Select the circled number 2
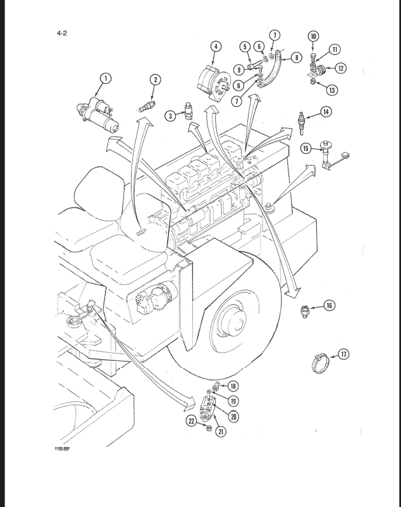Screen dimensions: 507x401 (155, 80)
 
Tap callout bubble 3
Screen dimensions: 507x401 (171, 116)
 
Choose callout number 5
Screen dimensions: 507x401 (245, 46)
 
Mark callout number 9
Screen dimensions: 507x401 (240, 69)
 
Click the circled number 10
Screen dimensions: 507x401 (314, 37)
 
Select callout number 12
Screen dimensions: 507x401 (341, 68)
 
